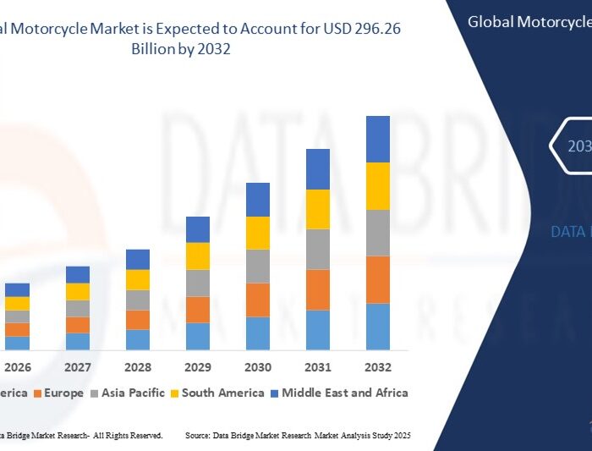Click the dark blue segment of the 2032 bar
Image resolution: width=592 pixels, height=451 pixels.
(377, 139)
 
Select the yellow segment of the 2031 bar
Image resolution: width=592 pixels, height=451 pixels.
(317, 209)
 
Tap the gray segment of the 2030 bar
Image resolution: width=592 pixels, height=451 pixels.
(258, 266)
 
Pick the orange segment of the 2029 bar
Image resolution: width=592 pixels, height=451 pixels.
(198, 310)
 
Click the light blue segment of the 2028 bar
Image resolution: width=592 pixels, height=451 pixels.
(138, 339)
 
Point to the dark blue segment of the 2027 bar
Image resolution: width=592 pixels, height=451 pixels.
(78, 274)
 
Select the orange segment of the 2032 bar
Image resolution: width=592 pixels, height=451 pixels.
(377, 279)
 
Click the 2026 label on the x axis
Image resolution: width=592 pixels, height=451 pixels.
(18, 368)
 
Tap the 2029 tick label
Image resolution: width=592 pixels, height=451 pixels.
(198, 368)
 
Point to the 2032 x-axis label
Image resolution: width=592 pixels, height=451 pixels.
(377, 368)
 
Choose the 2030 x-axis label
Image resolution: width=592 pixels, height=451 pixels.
(258, 368)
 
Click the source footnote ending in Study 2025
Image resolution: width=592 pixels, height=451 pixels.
(298, 435)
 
